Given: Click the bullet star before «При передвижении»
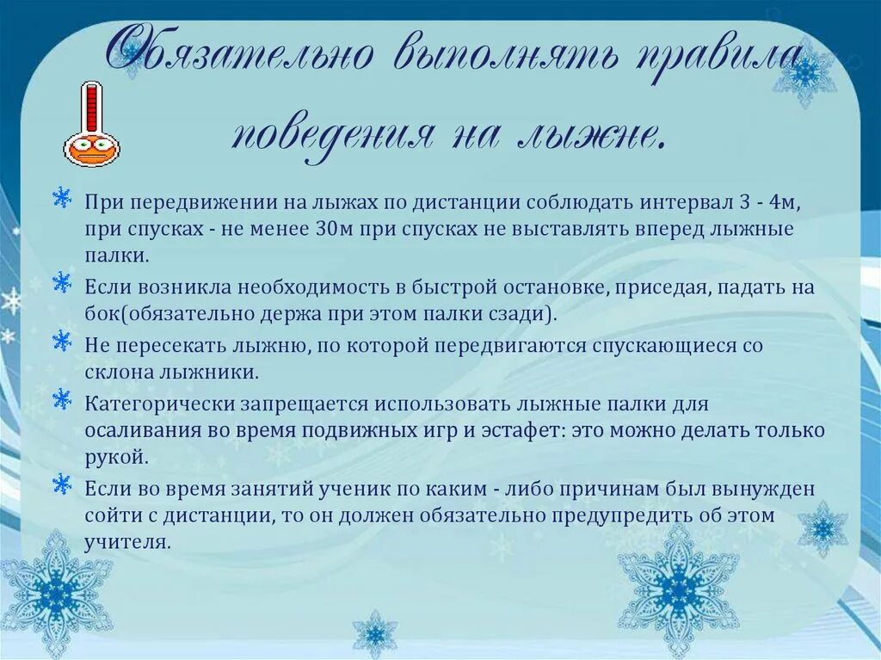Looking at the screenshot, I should pos(62,198).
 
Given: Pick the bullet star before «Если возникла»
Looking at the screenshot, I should pos(62,282).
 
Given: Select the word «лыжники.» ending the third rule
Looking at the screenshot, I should pos(216,373).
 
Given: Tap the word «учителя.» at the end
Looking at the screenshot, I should pos(127,544).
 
